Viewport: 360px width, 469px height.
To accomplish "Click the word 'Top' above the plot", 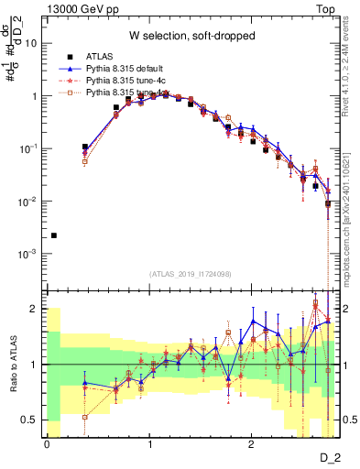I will point(327,7).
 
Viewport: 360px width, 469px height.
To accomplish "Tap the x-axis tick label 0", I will point(47,443).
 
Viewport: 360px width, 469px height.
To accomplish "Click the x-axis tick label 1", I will point(148,443).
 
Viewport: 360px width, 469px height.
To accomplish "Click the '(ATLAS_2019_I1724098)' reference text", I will point(191,275).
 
